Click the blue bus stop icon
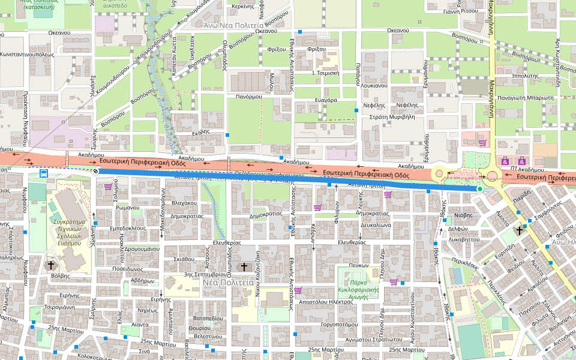[x=44, y=174]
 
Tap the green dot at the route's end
[x=479, y=190]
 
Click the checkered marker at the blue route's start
[x=95, y=172]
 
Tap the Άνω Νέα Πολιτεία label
[x=233, y=25]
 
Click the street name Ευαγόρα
[x=326, y=100]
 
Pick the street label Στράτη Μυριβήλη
[x=392, y=117]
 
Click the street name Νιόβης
[x=463, y=214]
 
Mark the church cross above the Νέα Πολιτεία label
[x=244, y=267]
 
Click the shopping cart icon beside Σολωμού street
[x=108, y=187]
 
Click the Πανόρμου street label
[x=247, y=96]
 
